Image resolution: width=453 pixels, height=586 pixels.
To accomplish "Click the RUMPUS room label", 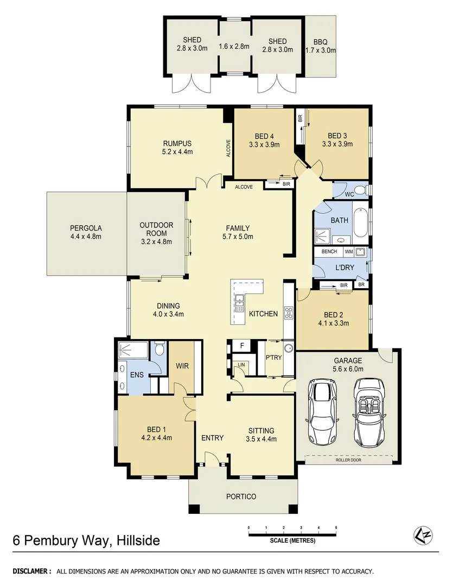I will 177,143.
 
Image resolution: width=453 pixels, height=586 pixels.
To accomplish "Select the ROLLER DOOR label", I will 348,461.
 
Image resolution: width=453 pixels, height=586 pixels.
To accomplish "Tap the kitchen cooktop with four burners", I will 289,313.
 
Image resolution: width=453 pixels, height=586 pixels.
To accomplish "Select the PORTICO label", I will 241,496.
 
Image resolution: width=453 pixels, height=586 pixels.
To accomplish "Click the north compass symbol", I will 423,535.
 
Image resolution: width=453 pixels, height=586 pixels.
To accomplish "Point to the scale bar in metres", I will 292,534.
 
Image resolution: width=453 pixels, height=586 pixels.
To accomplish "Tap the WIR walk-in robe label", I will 182,366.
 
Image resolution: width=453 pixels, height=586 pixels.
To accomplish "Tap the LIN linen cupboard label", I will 241,365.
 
